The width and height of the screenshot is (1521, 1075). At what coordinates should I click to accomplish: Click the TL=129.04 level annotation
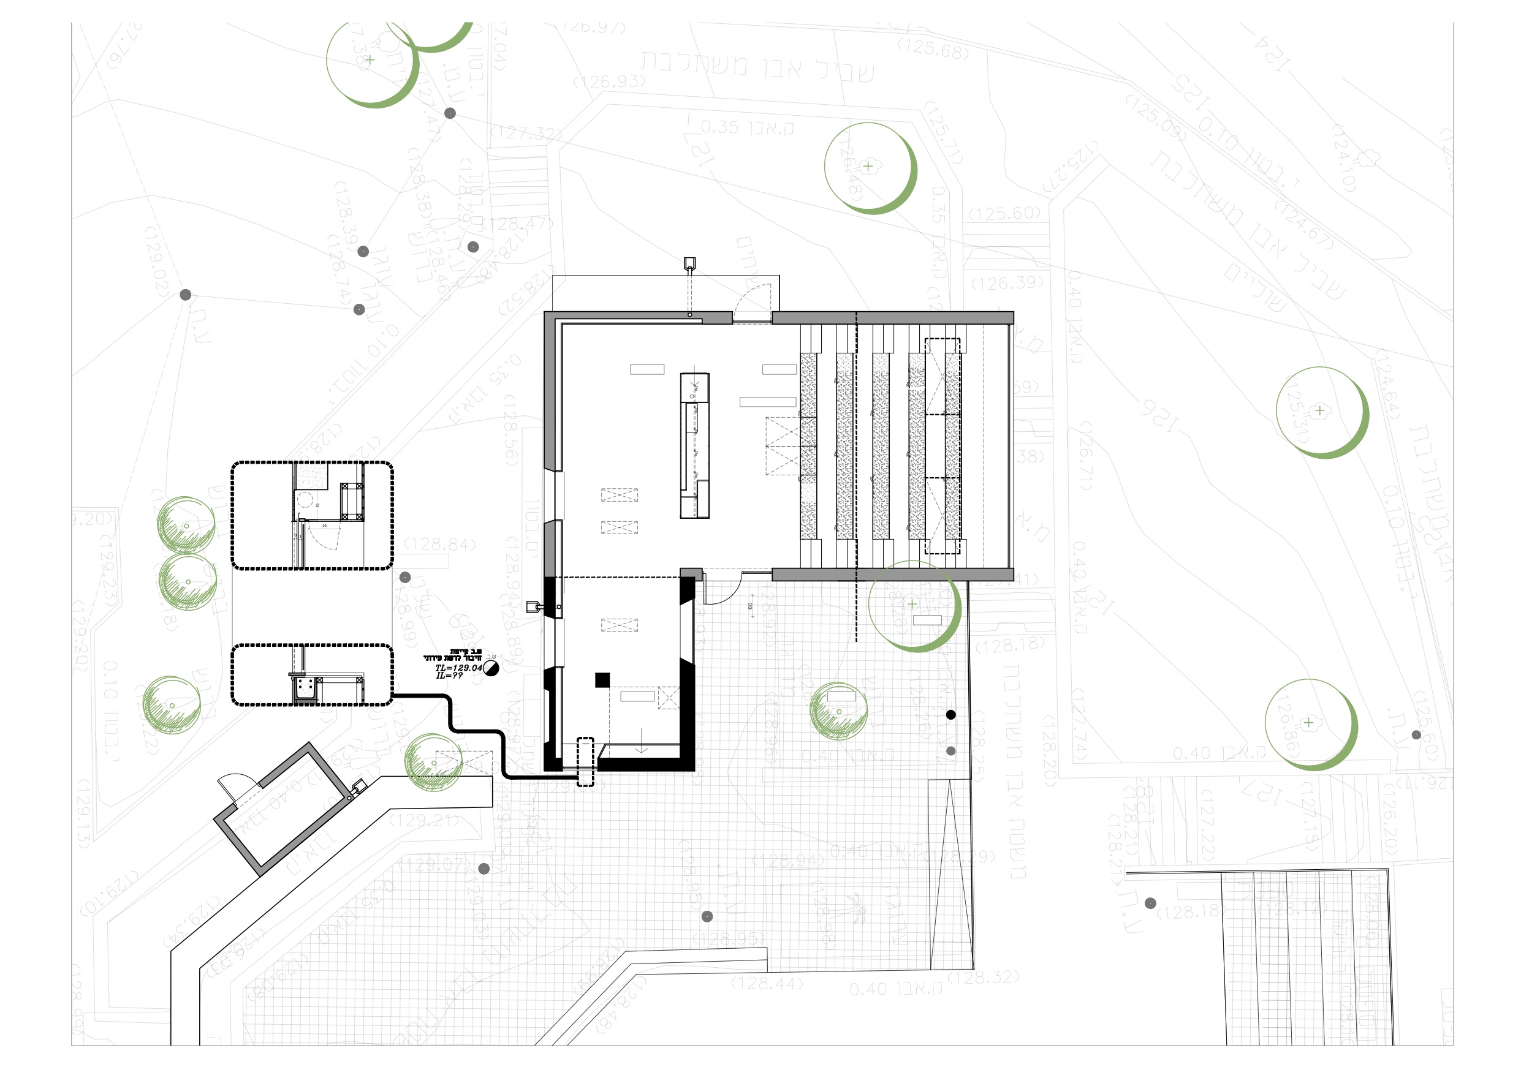pyautogui.click(x=458, y=668)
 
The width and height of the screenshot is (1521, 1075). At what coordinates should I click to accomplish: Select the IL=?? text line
pyautogui.click(x=449, y=676)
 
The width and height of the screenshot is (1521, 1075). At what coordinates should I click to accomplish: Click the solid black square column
pyautogui.click(x=602, y=679)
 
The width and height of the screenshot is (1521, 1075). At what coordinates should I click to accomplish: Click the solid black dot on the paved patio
pyautogui.click(x=950, y=715)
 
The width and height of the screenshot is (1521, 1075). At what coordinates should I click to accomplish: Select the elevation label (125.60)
pyautogui.click(x=1004, y=213)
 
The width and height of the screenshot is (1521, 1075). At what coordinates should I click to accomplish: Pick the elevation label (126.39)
pyautogui.click(x=1007, y=284)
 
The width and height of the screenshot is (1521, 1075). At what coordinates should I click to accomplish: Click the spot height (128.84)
pyautogui.click(x=440, y=545)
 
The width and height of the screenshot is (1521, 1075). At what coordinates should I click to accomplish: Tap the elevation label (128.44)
pyautogui.click(x=767, y=984)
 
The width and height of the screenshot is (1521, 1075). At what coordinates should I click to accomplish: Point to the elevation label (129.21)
pyautogui.click(x=425, y=821)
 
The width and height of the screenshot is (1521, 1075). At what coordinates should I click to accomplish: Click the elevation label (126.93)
pyautogui.click(x=609, y=81)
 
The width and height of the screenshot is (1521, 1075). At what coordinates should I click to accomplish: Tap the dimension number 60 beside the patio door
pyautogui.click(x=751, y=605)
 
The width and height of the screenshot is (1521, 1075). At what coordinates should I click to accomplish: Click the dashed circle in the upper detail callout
pyautogui.click(x=304, y=499)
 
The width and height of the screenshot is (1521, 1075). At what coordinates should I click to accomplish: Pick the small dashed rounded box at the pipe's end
pyautogui.click(x=586, y=762)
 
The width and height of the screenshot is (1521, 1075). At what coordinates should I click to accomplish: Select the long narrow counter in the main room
pyautogui.click(x=694, y=445)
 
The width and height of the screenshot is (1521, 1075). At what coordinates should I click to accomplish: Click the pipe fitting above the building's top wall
pyautogui.click(x=689, y=264)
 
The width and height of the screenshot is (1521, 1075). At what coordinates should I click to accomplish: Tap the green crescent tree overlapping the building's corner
pyautogui.click(x=915, y=605)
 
